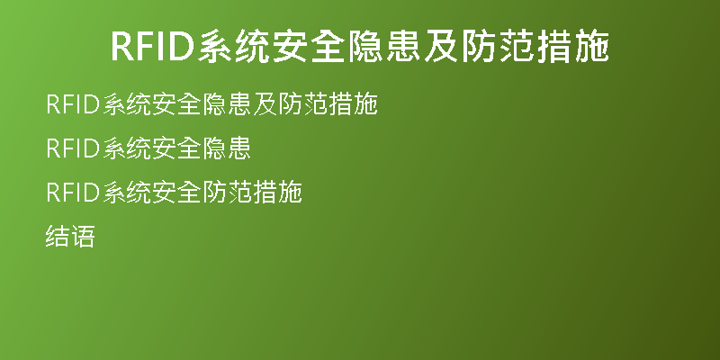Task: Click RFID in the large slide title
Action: point(153,47)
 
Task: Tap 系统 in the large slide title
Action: point(234,47)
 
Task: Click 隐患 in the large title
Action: point(384,47)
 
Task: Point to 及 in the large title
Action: point(441,47)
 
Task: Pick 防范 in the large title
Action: point(498,47)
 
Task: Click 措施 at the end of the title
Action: point(572,47)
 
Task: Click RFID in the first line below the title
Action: point(74,104)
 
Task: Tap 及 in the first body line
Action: point(265,104)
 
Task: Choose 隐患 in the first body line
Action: point(227,104)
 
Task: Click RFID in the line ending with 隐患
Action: point(74,148)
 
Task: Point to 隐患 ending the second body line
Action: point(227,148)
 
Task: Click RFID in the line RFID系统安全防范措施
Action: point(74,193)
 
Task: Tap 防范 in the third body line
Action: point(227,193)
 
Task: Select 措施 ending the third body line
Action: point(277,193)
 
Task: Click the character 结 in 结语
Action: point(58,237)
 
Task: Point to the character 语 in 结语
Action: point(83,237)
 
